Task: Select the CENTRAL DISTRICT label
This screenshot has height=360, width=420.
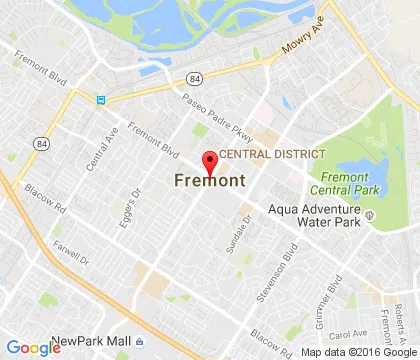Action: pos(272,154)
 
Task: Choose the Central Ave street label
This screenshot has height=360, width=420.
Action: pos(105,149)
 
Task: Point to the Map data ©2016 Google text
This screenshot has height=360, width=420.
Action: pos(354,352)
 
